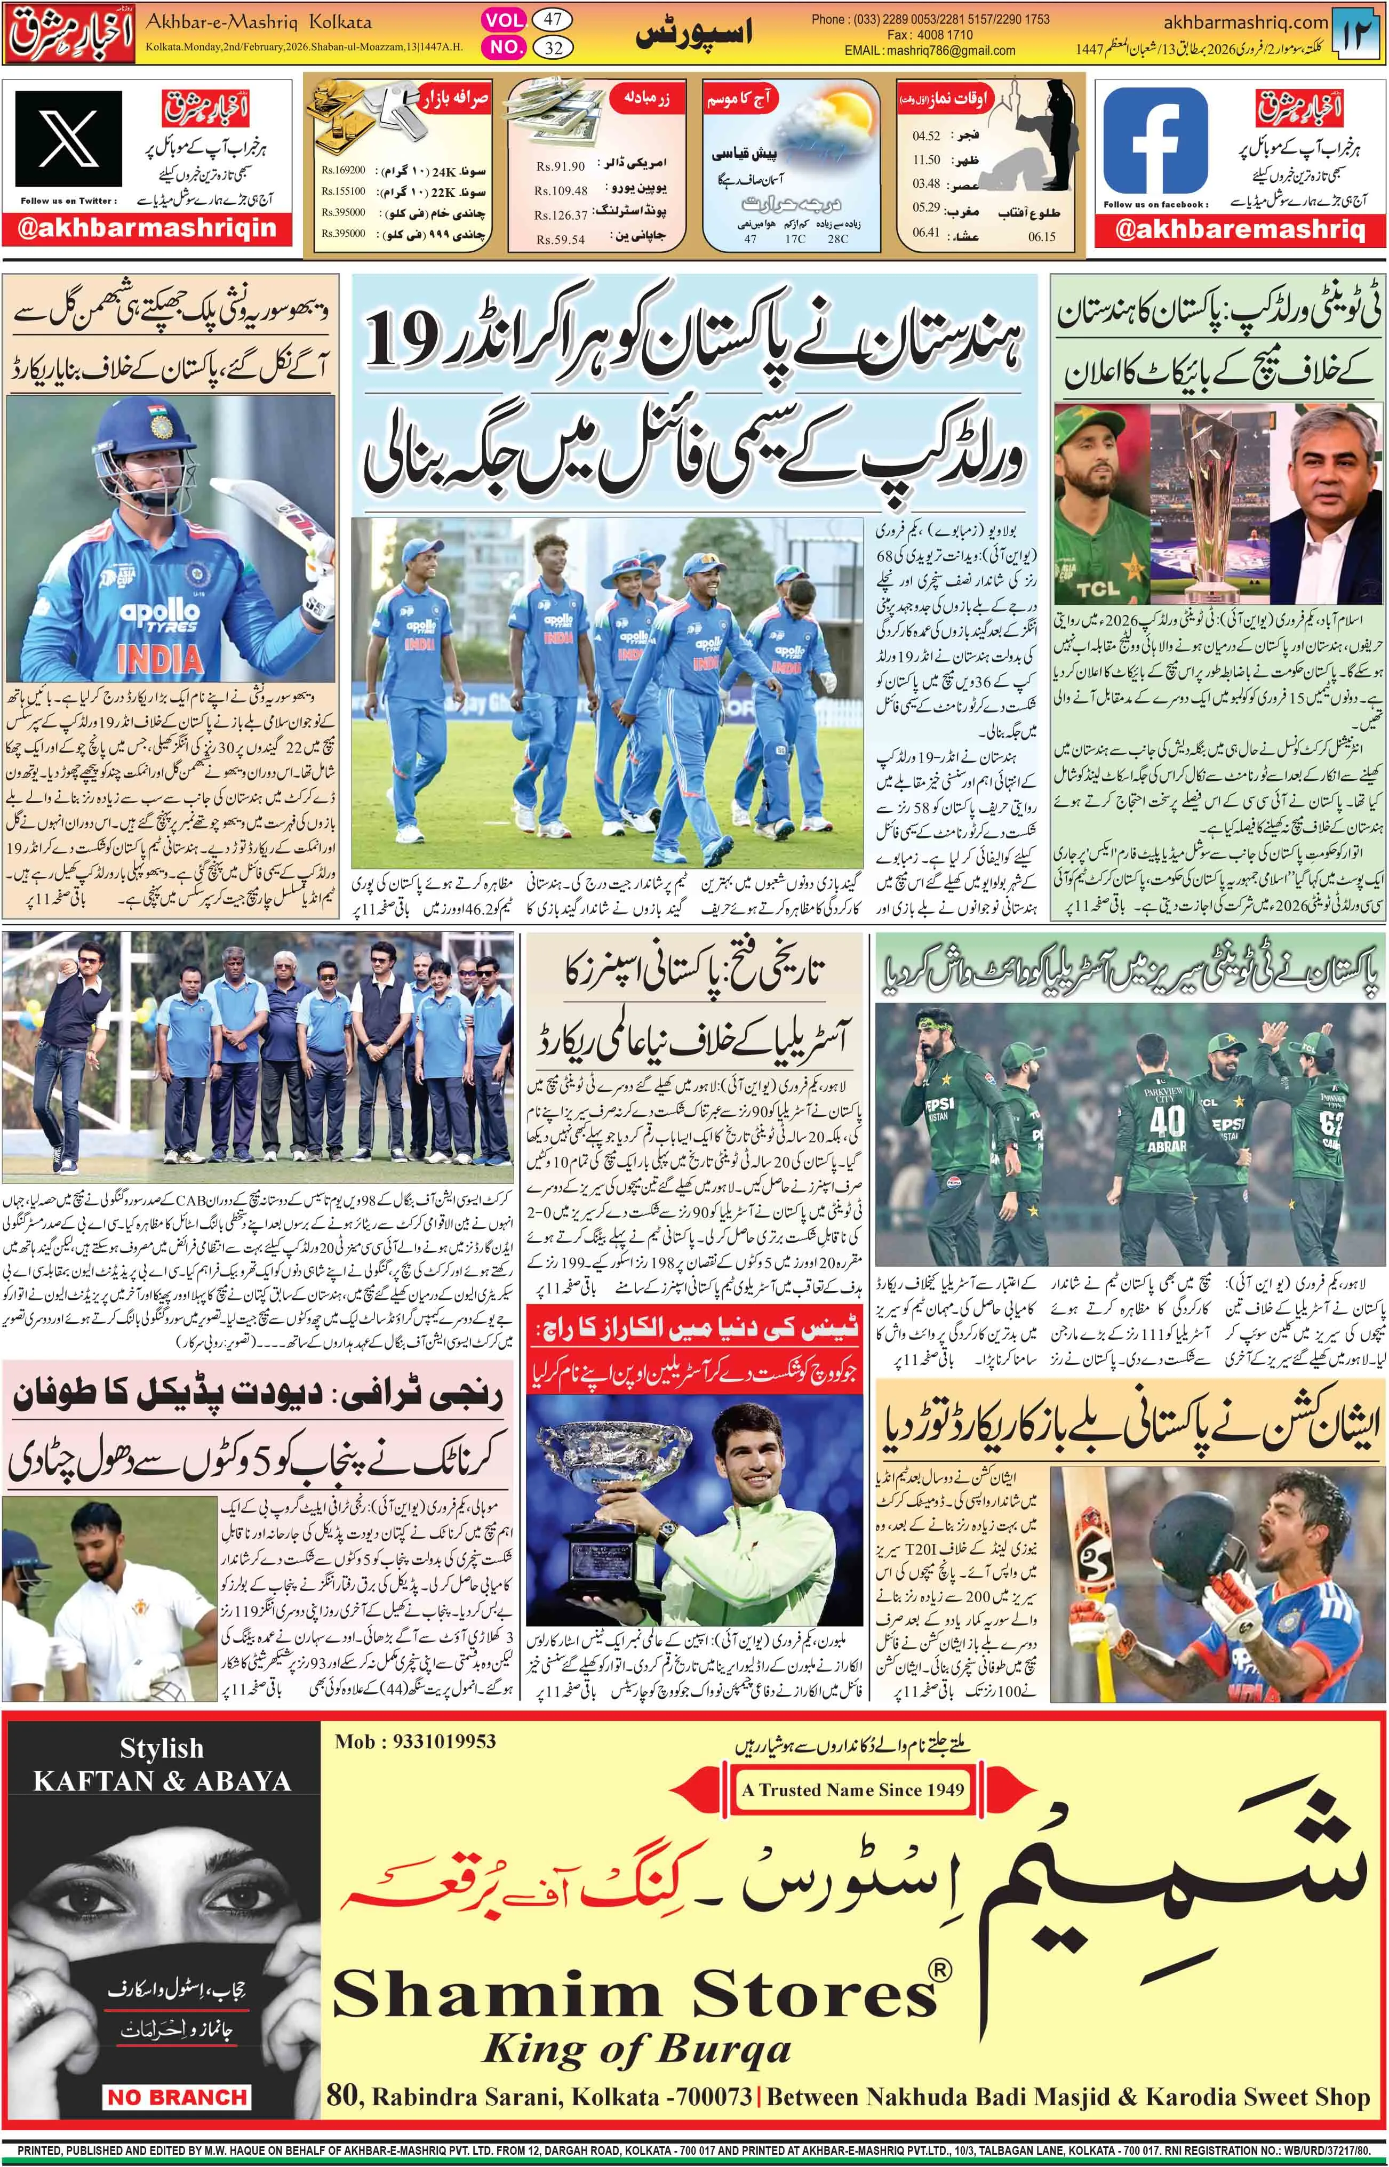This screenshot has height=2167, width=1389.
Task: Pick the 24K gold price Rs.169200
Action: (x=344, y=170)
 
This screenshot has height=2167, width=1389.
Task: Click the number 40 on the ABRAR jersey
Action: (x=1167, y=1121)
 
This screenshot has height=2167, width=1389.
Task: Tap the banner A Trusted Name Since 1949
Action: (x=852, y=1790)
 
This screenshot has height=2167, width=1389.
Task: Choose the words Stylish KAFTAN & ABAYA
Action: (x=162, y=1766)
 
